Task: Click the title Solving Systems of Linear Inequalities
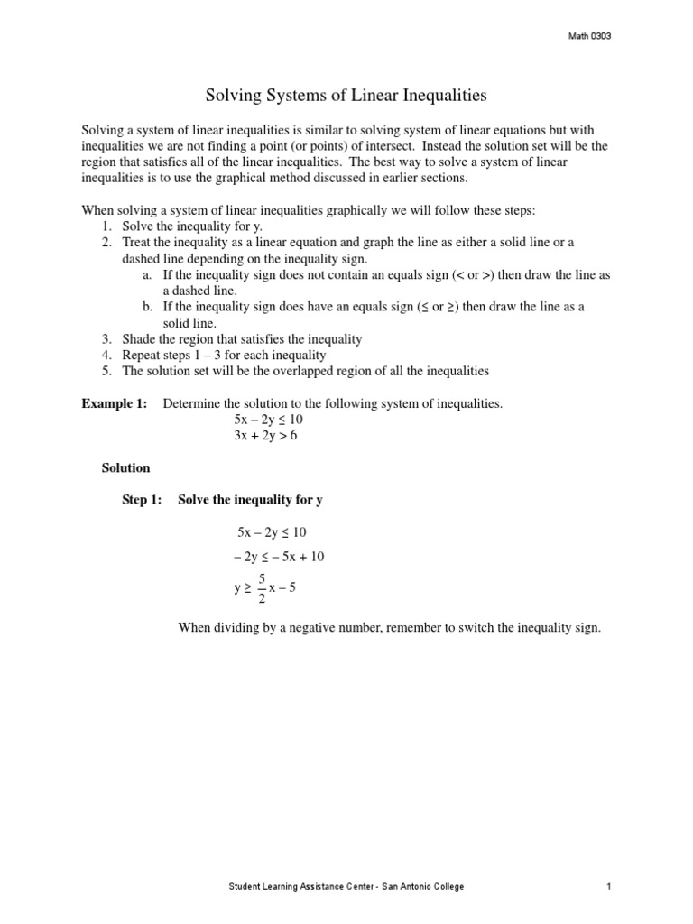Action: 346,94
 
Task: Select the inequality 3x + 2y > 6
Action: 265,436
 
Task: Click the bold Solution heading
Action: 125,468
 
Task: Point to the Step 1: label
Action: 143,500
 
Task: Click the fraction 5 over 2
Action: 261,588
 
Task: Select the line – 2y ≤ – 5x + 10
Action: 279,557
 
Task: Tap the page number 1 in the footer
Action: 610,887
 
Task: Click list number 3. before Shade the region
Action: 106,339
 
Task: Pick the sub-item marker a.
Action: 146,274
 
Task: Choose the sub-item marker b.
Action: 146,307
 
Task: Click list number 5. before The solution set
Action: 106,371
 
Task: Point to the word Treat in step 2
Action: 137,242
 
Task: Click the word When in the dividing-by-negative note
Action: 196,628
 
